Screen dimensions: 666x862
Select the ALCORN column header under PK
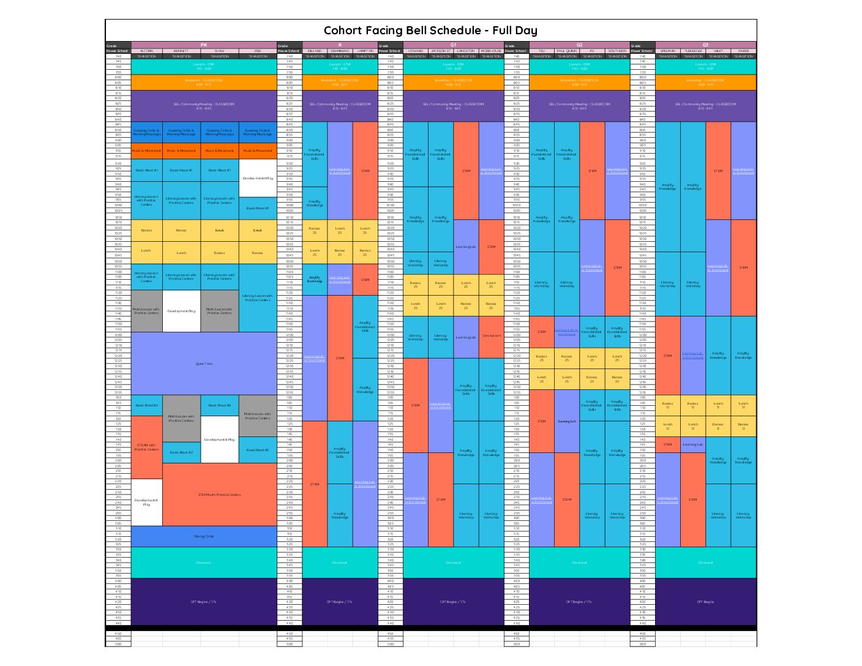click(147, 51)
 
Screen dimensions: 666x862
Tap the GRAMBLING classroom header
click(340, 51)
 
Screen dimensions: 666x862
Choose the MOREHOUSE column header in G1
click(491, 51)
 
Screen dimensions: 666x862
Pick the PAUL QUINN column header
click(567, 51)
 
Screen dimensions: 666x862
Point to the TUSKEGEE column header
click(693, 51)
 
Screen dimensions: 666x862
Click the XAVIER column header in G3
click(743, 51)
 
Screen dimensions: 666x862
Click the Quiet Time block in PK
click(204, 364)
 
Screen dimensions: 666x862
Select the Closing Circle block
click(204, 536)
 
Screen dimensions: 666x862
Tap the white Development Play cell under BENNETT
click(181, 311)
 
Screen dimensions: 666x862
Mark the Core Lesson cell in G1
click(491, 335)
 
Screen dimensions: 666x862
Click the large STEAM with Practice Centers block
click(219, 495)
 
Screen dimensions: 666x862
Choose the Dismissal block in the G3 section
click(705, 563)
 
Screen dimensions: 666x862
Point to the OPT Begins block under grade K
click(340, 602)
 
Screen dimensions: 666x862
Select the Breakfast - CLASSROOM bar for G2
click(579, 82)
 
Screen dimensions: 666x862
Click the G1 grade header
click(453, 45)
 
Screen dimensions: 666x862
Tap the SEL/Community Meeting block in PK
click(204, 106)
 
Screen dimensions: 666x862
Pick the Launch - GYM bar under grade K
click(340, 66)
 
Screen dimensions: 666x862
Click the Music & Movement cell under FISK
click(258, 151)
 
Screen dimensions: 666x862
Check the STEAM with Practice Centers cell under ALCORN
click(146, 447)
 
